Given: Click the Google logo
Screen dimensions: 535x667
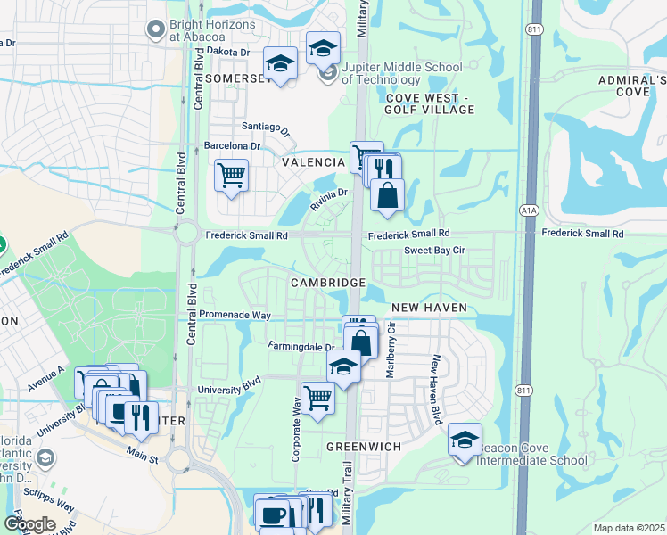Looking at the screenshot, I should (x=29, y=523).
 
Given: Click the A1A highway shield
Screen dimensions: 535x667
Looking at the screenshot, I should (x=529, y=210).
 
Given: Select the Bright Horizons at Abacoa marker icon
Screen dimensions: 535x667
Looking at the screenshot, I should (x=157, y=30).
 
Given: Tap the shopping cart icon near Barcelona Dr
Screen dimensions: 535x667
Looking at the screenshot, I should (x=231, y=175).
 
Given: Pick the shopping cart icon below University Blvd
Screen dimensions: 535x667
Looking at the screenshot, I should (x=317, y=397).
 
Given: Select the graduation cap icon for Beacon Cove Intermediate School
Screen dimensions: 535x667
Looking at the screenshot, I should (x=465, y=440).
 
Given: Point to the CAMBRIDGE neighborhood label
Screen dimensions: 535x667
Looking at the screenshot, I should (x=327, y=283).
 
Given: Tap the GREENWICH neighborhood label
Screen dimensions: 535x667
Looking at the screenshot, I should (x=363, y=446).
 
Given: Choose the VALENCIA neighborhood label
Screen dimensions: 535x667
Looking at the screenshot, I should (x=313, y=163).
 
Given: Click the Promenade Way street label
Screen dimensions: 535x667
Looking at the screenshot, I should (x=234, y=316).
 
